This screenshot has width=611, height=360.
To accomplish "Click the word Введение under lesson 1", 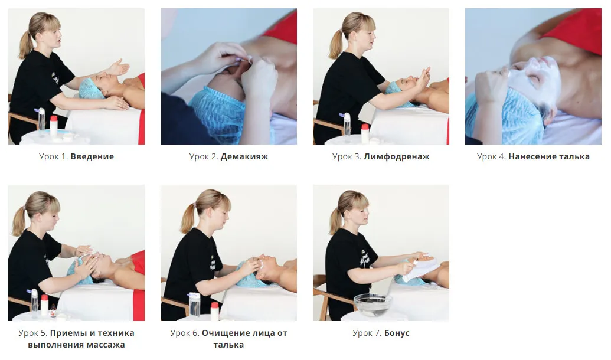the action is coord(92,156).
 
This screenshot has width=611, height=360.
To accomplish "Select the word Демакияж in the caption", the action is coord(244,156).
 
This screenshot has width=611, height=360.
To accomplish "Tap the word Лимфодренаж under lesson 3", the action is coord(397,156).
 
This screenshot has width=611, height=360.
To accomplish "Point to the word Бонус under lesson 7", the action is coord(397,333).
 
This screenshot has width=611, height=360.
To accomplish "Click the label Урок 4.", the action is coord(491,156).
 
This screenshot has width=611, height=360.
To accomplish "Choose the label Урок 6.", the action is coord(185,333).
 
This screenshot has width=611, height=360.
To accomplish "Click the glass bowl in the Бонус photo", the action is coord(372,304).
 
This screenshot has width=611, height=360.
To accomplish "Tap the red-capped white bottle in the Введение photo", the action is coord(54,126).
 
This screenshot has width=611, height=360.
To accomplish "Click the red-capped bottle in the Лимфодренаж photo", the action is coord(365,133).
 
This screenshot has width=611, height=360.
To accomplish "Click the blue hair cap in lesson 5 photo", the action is coord(80,272).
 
